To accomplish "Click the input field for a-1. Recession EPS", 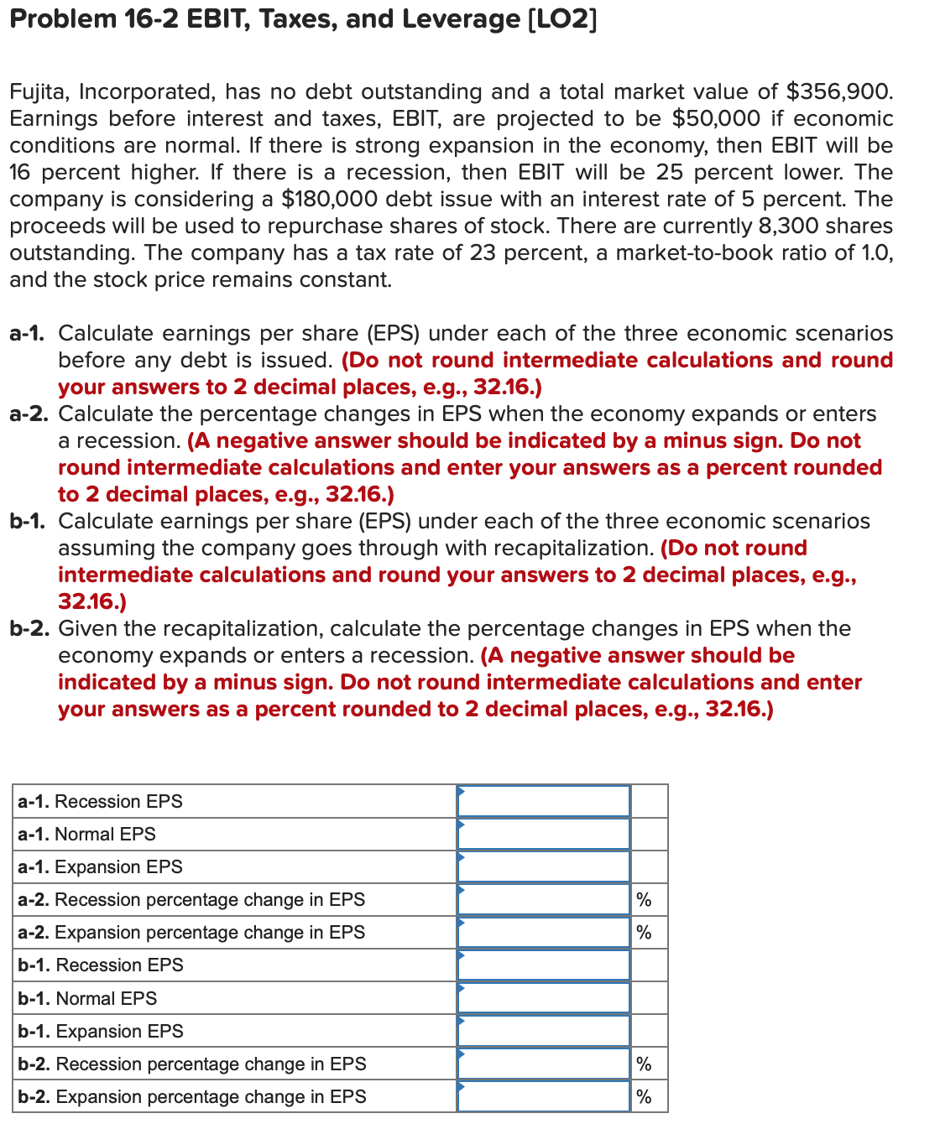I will click(544, 801).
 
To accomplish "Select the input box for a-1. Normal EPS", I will click(544, 834).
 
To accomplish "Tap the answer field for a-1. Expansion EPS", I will click(544, 866).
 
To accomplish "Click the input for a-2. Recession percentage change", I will click(544, 899).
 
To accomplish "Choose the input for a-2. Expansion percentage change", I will click(544, 932).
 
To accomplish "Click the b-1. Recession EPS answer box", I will click(544, 965).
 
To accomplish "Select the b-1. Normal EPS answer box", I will click(544, 998).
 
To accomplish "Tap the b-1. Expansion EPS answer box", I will click(544, 1031).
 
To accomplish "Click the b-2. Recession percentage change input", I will click(544, 1064).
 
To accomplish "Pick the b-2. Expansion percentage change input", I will click(544, 1096).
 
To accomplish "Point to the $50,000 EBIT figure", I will click(716, 118).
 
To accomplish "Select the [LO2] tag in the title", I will click(561, 18).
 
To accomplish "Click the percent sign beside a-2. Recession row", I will click(644, 900).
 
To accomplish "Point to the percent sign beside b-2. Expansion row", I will click(644, 1097).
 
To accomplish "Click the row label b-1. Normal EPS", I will click(87, 998).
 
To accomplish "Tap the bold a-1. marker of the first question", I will click(28, 333).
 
